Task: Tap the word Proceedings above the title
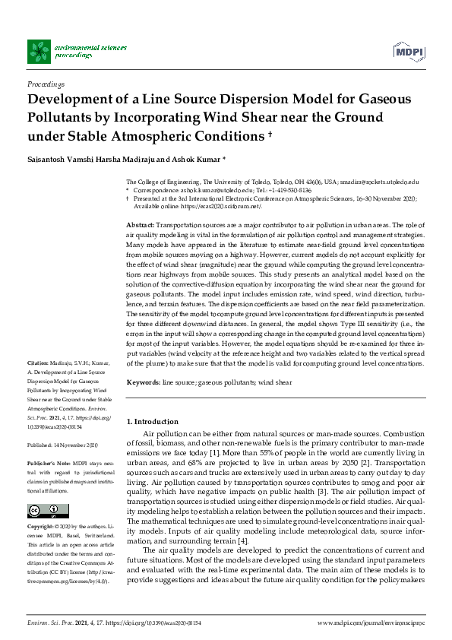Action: click(46, 84)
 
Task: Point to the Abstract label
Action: click(140, 227)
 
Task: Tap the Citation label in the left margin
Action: click(39, 364)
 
